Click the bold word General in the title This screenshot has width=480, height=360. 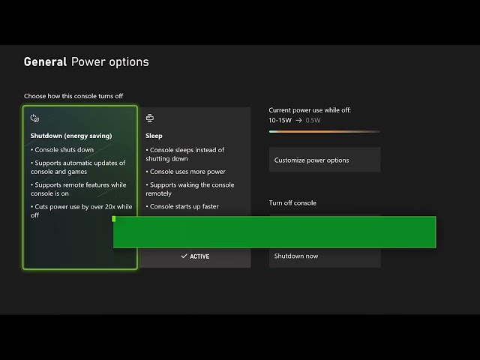[45, 62]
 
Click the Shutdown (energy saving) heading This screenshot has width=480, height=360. [71, 136]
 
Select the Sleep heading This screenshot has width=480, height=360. [154, 136]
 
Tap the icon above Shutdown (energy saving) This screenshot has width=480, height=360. [34, 118]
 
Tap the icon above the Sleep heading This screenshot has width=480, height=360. [150, 118]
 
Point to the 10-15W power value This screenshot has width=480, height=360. [280, 120]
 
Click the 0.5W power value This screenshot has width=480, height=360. [313, 120]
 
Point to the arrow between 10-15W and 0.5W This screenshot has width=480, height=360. [298, 120]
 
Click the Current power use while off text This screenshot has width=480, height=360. [310, 110]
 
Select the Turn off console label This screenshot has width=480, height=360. [292, 203]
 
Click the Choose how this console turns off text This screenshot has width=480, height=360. [73, 96]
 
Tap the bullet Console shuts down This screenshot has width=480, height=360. [63, 150]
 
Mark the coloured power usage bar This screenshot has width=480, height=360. [324, 131]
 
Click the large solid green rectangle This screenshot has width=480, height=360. [274, 232]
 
